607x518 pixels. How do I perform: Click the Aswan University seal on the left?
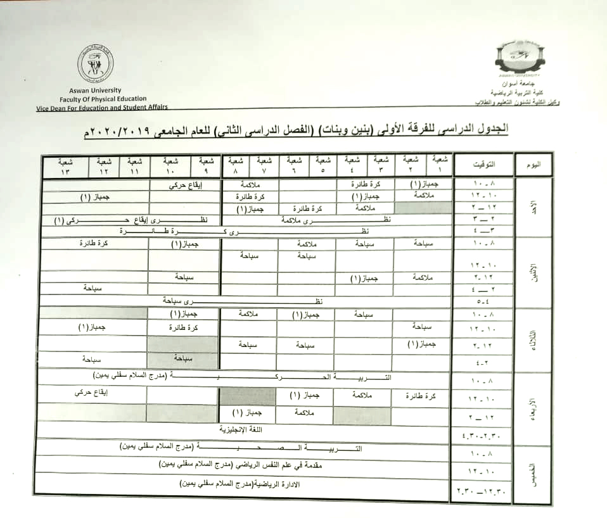[96, 64]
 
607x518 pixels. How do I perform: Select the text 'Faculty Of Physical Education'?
[103, 99]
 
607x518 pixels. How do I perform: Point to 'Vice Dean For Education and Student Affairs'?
[102, 108]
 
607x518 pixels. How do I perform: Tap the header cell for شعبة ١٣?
[65, 165]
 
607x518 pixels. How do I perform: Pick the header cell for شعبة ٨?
[236, 165]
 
